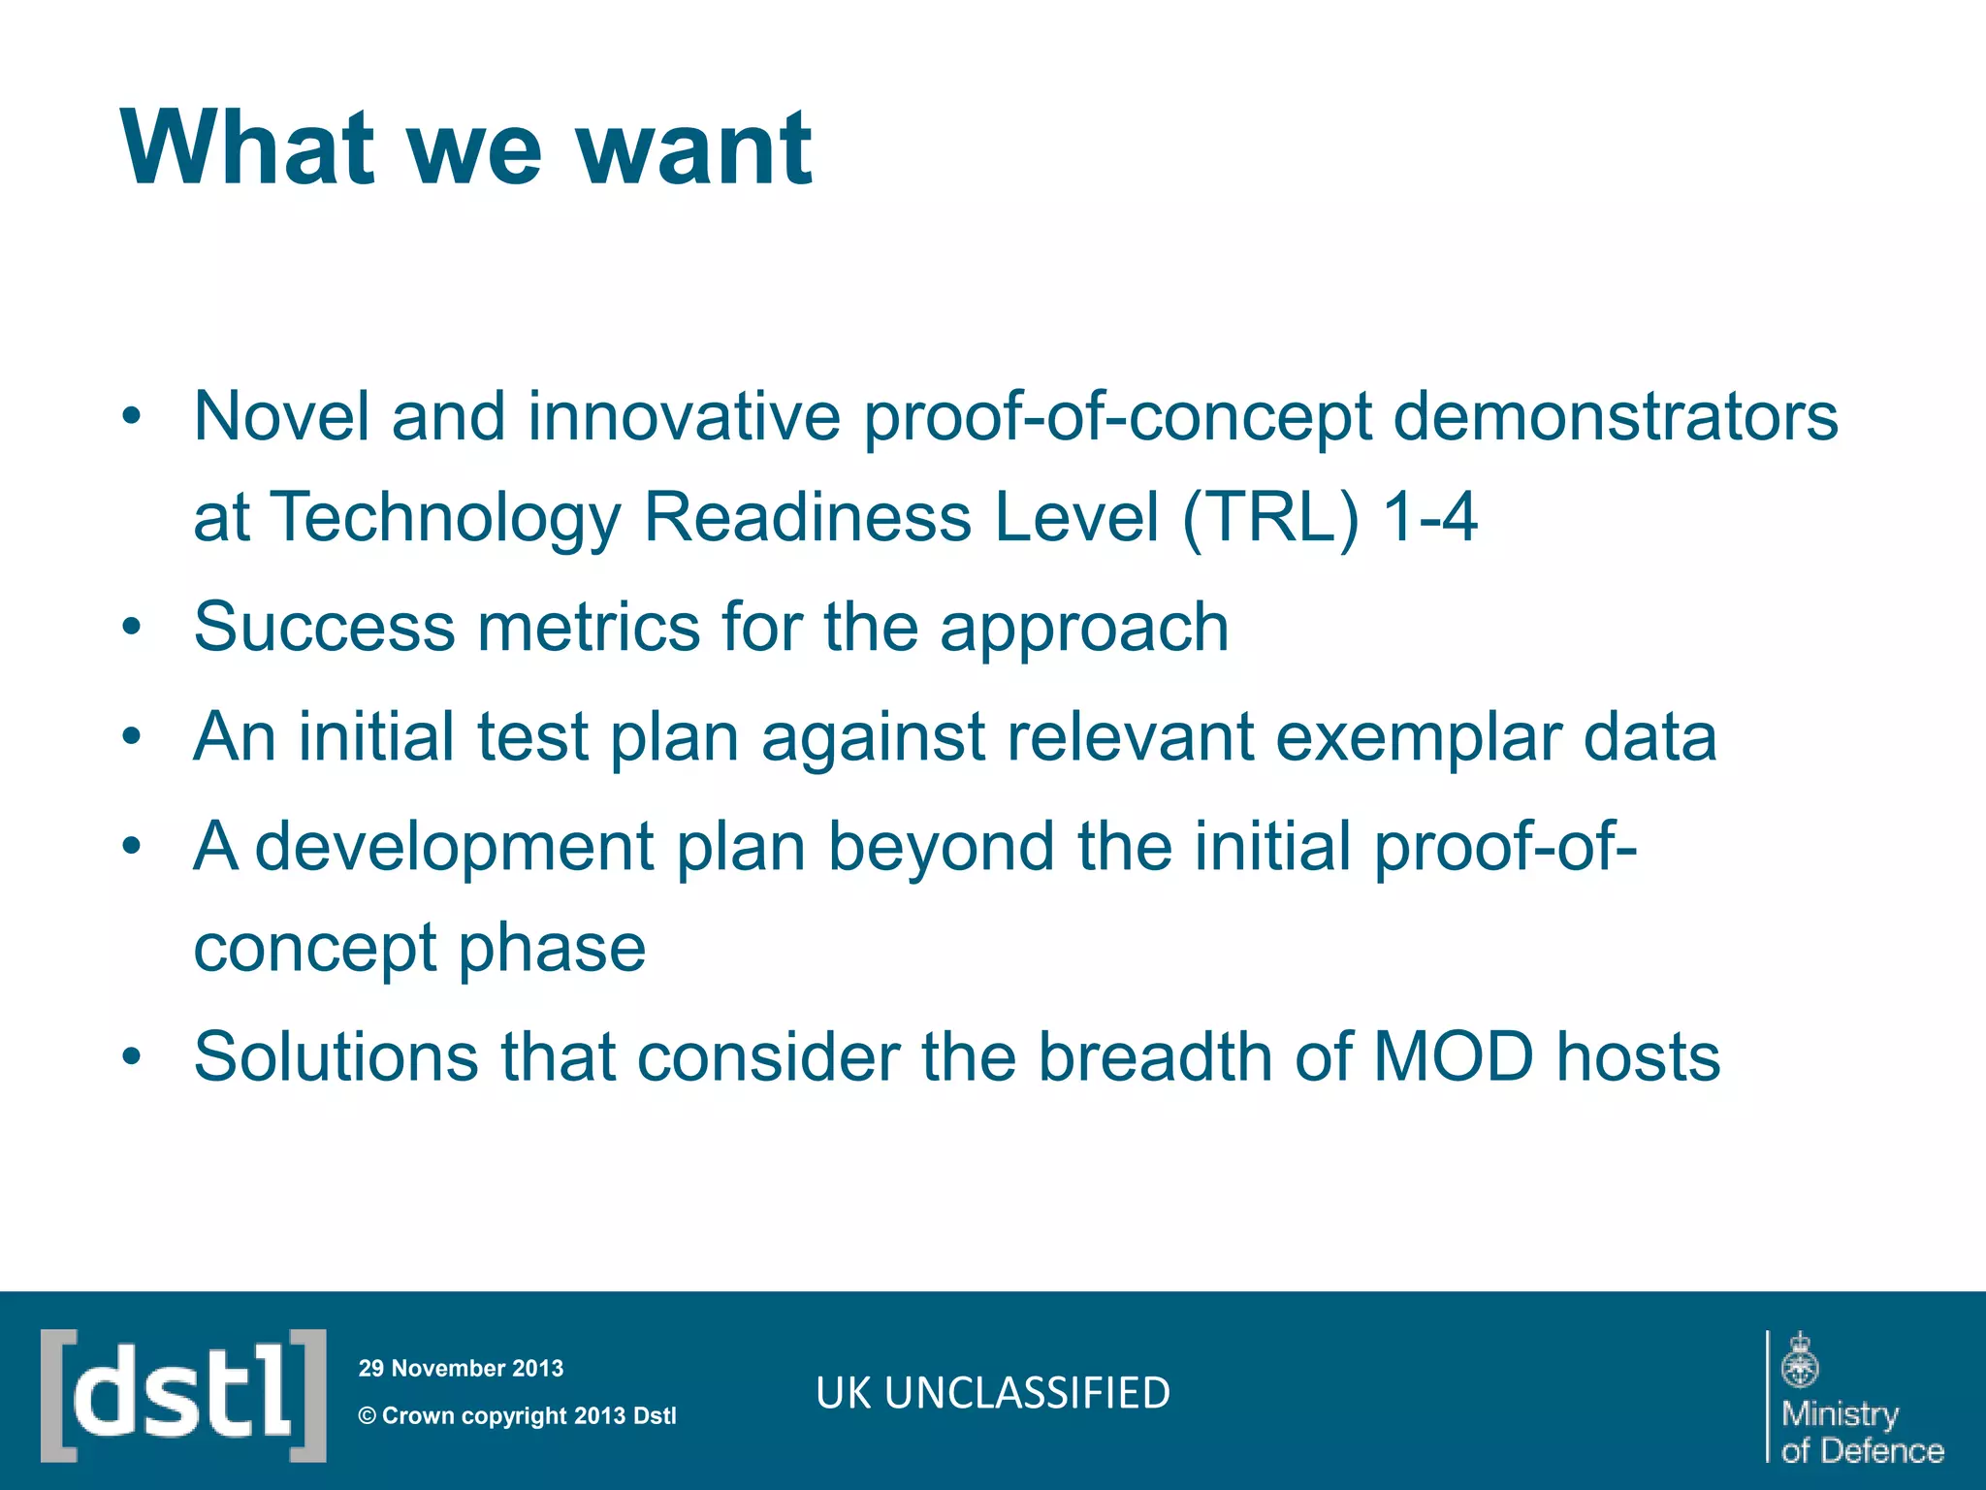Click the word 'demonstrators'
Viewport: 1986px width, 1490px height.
point(1615,417)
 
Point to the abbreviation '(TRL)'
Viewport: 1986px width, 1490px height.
point(1270,517)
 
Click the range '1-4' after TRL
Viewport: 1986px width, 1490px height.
point(1430,517)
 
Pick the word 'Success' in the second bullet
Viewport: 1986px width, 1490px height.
point(324,627)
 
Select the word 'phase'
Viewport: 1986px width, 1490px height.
point(551,948)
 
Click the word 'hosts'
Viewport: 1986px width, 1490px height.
point(1639,1056)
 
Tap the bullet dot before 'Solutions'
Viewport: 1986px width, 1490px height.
point(132,1056)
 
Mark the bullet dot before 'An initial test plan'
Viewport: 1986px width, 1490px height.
point(132,737)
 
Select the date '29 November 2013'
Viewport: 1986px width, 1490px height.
point(461,1369)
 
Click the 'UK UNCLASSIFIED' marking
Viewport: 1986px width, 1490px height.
point(993,1393)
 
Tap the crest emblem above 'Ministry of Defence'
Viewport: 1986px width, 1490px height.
point(1800,1360)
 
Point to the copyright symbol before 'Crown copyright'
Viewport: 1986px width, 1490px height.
point(368,1416)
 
